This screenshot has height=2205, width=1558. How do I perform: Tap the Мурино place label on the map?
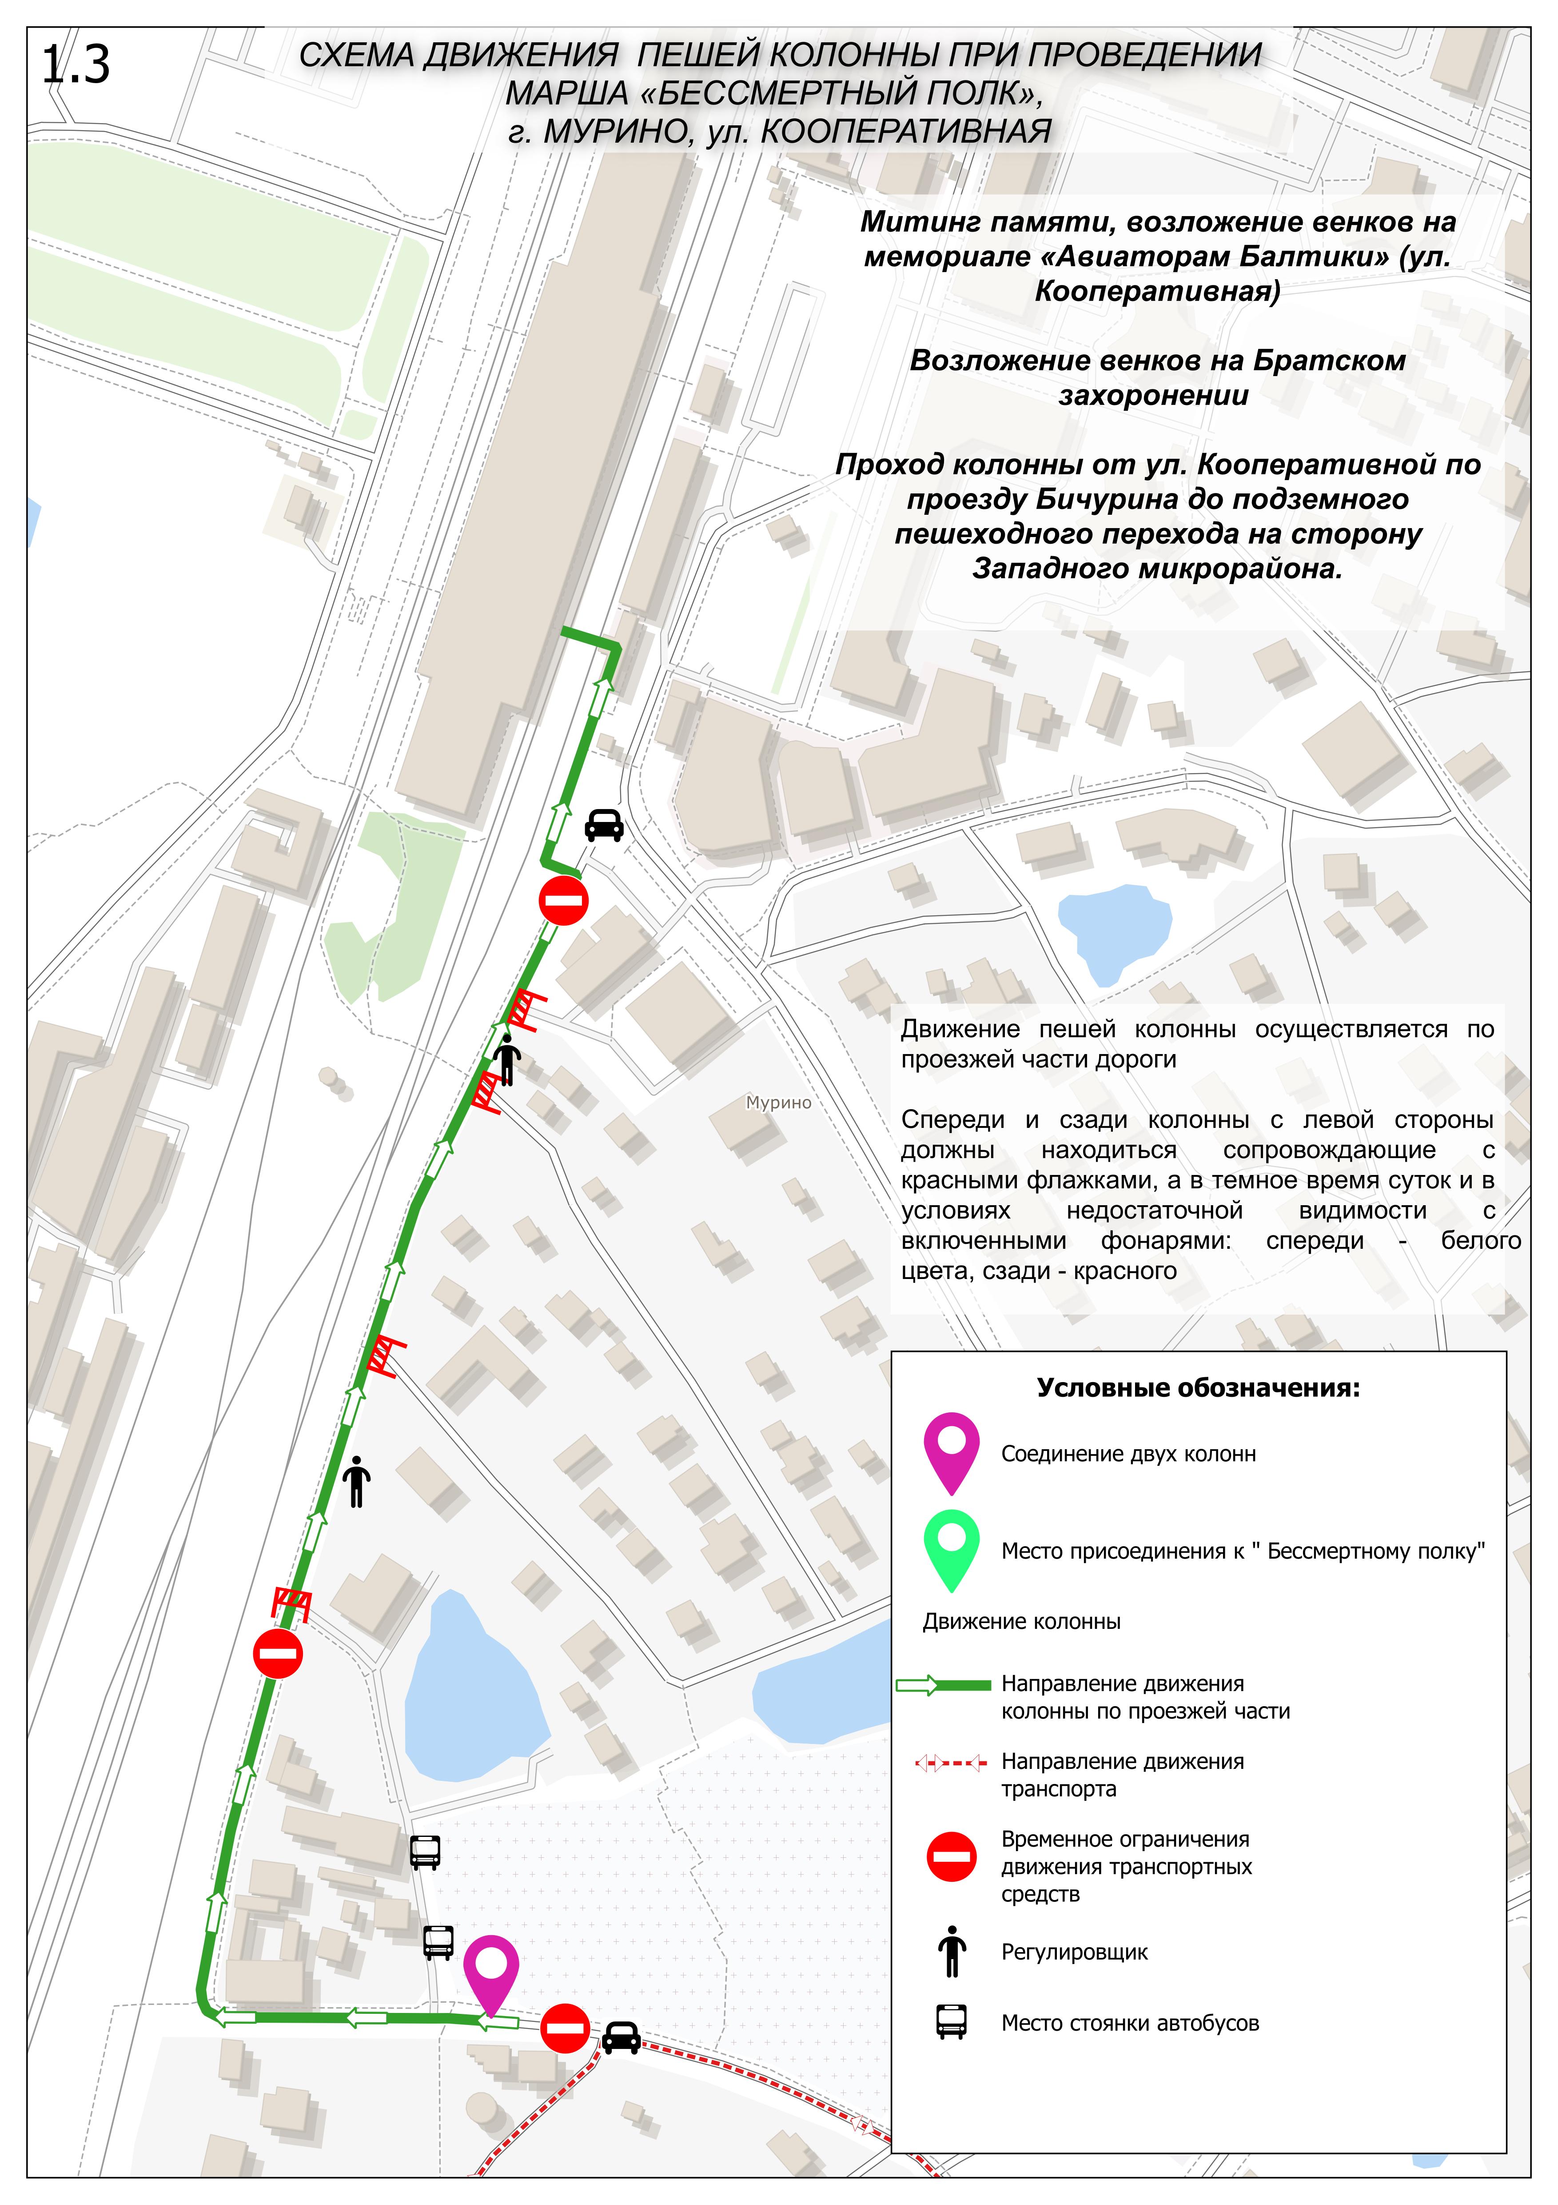tap(778, 1102)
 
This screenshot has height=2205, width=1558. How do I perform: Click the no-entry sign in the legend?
tap(951, 1857)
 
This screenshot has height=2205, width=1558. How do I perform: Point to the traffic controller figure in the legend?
tap(951, 1951)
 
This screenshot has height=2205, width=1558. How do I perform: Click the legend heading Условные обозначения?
tap(1198, 1388)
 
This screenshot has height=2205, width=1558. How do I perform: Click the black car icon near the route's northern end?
tap(604, 824)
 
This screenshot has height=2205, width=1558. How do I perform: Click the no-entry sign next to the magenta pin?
tap(565, 2029)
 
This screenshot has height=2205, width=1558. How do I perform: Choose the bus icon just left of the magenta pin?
tap(438, 1941)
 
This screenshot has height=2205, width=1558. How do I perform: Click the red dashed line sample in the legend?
tap(950, 1763)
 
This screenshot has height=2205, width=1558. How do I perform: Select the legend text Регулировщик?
tap(1074, 1952)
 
